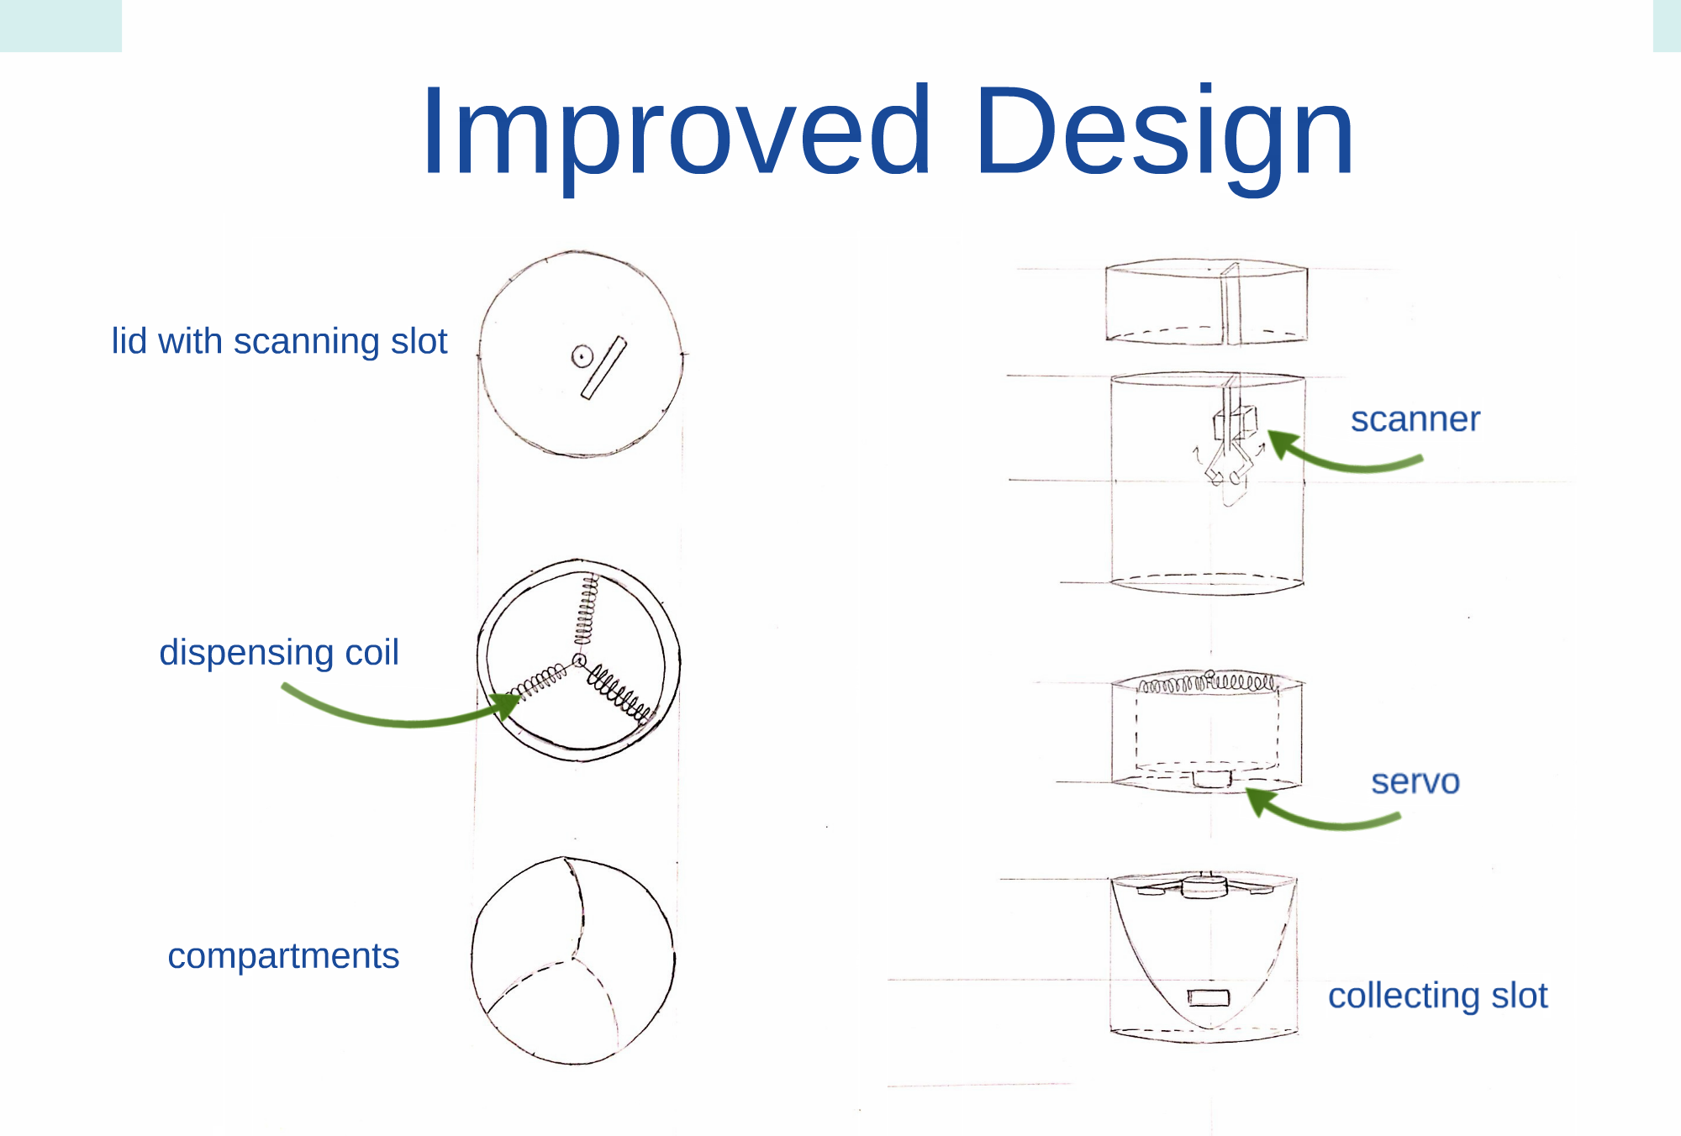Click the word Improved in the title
tap(677, 133)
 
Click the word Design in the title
tap(1165, 133)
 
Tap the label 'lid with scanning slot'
tap(279, 342)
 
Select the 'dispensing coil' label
tap(279, 653)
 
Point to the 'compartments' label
tap(283, 956)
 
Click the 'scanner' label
tap(1415, 419)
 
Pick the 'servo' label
tap(1415, 781)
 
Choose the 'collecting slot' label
tap(1437, 996)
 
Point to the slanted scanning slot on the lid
tap(603, 368)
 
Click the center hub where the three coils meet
tap(579, 660)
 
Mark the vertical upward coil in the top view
tap(586, 611)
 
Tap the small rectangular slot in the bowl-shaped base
tap(1209, 997)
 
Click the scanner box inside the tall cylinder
tap(1235, 423)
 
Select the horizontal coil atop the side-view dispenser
tap(1207, 682)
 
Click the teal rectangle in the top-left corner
tap(61, 26)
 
